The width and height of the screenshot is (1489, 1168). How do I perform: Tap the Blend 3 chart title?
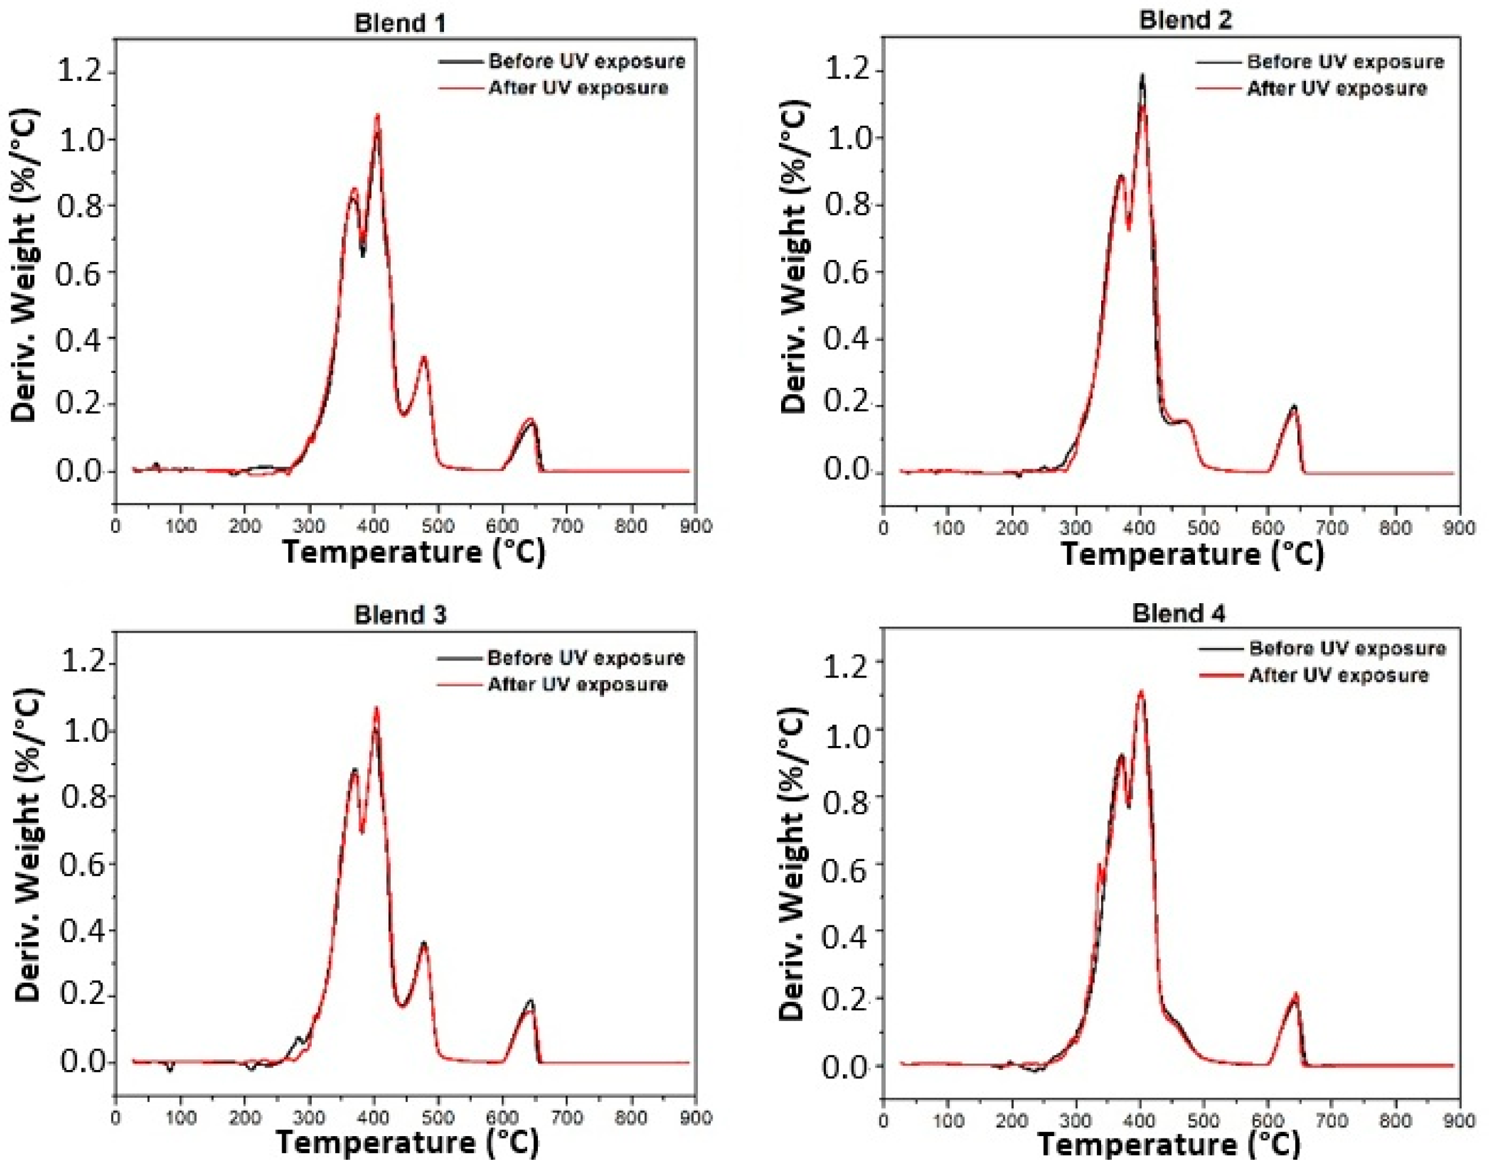pos(400,615)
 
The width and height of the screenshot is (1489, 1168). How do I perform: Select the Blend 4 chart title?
pos(1178,613)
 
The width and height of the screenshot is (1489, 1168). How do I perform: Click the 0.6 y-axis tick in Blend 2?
pos(847,272)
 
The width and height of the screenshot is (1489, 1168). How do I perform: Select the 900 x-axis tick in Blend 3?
pos(695,1117)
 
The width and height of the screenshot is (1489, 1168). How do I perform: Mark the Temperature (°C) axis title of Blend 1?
pos(414,552)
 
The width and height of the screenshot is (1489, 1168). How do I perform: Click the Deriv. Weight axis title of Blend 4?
pos(794,865)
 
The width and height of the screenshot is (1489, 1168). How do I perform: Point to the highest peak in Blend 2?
pos(1141,77)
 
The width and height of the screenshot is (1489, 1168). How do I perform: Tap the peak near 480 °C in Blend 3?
pos(424,944)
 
